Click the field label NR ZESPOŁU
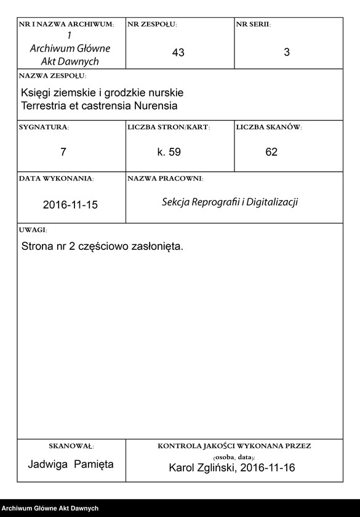151,25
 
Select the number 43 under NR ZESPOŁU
178,53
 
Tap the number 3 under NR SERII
287,53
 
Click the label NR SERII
253,25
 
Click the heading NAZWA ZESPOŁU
52,76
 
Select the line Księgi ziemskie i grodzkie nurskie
102,93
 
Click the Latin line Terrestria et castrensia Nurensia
99,105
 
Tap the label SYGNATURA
44,127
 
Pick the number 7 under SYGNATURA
63,152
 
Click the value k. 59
169,152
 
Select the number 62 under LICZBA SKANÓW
271,152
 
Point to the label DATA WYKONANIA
57,178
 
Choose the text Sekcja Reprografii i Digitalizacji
230,202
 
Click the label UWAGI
33,230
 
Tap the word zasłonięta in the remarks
155,246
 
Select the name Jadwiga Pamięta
71,465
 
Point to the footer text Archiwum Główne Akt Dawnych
50,508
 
